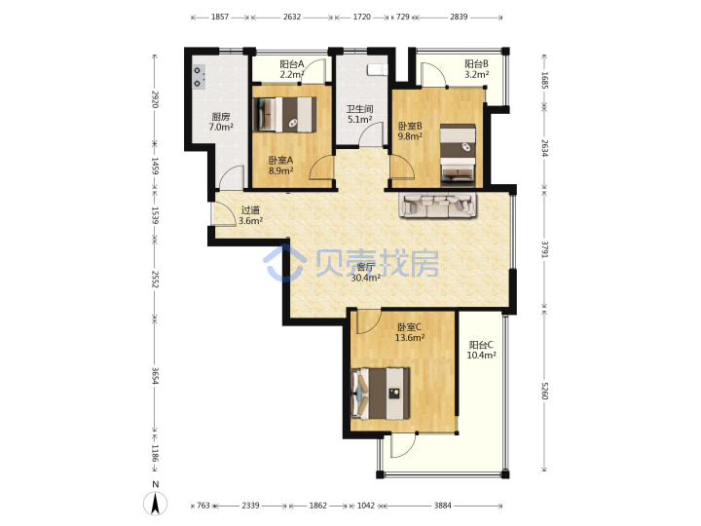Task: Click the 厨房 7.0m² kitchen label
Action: click(x=221, y=122)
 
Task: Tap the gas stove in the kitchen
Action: click(x=199, y=77)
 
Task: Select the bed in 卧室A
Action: click(x=284, y=115)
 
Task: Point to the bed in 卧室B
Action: click(x=458, y=155)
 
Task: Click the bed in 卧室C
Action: click(x=381, y=394)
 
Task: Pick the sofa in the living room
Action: click(x=438, y=206)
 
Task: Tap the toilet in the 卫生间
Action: click(x=378, y=69)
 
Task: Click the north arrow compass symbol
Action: click(x=155, y=500)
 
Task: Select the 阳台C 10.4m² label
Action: click(x=482, y=350)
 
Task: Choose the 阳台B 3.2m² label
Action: click(x=476, y=69)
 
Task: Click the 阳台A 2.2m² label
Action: click(x=292, y=69)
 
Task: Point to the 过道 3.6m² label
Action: click(x=250, y=215)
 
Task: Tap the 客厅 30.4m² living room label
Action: click(x=366, y=273)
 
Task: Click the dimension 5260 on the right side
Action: click(x=545, y=391)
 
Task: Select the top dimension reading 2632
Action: click(x=292, y=17)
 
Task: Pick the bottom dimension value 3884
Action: click(x=443, y=506)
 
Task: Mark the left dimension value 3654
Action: click(x=155, y=376)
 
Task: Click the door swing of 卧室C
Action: click(x=368, y=322)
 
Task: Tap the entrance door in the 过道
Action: click(x=223, y=213)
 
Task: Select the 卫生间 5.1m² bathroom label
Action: click(x=360, y=114)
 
